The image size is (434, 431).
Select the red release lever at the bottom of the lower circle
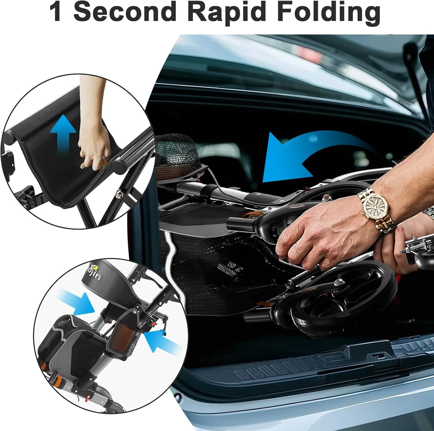click(87, 397)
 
